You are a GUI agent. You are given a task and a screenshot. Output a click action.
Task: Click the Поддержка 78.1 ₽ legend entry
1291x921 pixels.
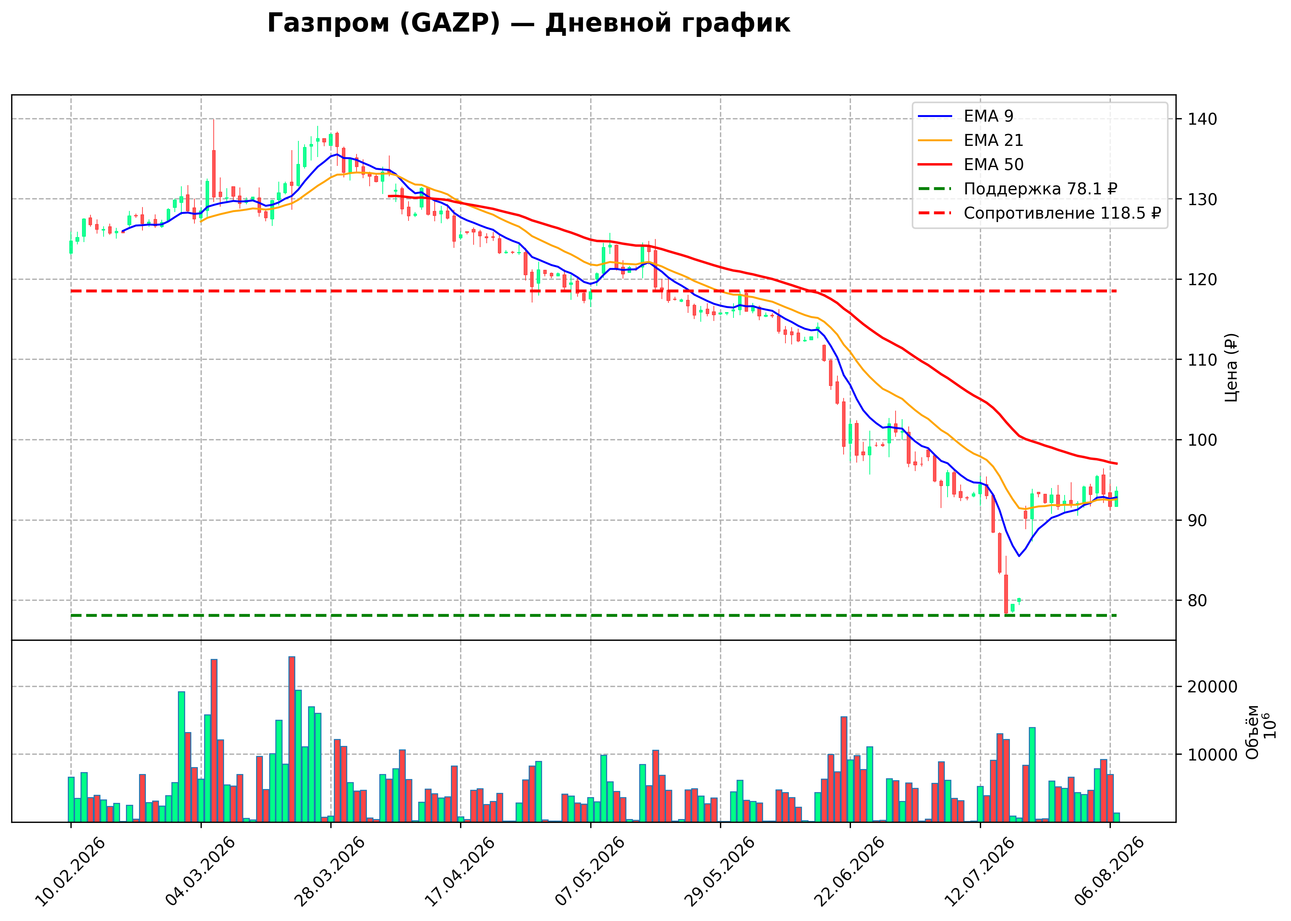coord(1018,189)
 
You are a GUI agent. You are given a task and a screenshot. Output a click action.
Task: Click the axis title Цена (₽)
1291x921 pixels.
coord(1231,368)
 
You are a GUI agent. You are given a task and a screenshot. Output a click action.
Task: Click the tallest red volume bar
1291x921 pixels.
coord(291,739)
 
